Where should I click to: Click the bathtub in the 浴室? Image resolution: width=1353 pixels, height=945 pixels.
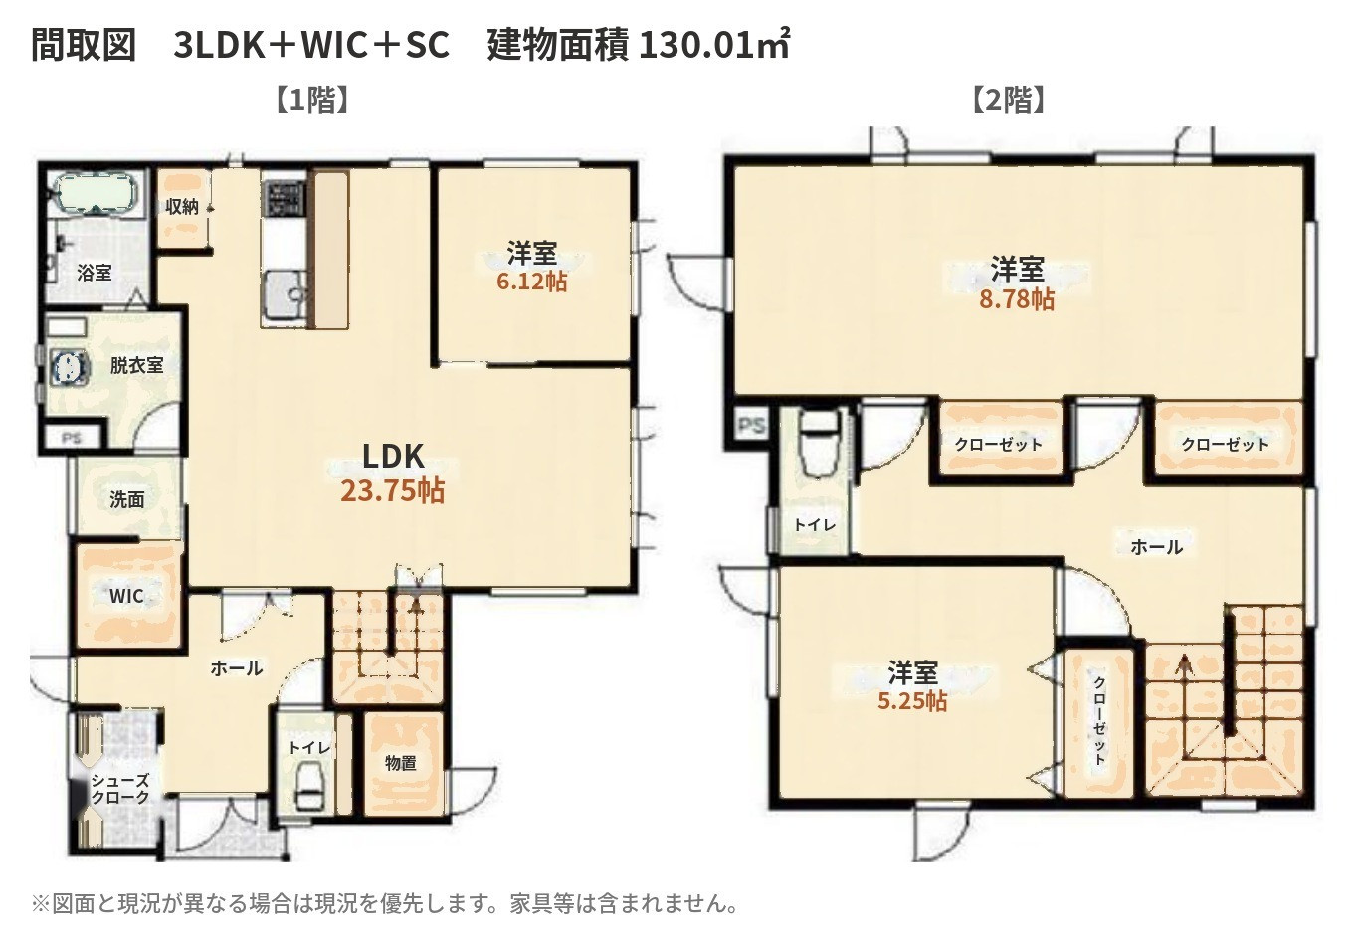coord(96,193)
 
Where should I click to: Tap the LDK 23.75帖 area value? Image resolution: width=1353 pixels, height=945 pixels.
coord(393,491)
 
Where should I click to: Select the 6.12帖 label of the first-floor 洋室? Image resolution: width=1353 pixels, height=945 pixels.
coord(531,282)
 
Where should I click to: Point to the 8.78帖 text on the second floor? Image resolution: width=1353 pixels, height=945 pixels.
coord(1017,298)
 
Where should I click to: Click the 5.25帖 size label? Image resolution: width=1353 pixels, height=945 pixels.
coord(912,701)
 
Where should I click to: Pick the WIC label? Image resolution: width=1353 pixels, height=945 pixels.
coord(126,596)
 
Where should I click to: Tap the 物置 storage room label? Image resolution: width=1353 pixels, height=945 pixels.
coord(401,763)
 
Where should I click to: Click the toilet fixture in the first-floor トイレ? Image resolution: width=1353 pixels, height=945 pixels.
coord(309,785)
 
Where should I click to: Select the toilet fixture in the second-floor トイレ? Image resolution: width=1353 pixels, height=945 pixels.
coord(820,444)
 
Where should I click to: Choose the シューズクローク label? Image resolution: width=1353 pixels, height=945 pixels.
coord(119,789)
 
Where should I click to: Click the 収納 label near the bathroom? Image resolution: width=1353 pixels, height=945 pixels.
coord(181,207)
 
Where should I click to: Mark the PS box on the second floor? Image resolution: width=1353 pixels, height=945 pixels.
coord(751,425)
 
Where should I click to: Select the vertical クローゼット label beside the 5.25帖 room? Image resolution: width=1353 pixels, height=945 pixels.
coord(1099,721)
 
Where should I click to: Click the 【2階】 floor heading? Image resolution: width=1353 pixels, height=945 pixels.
coord(1008,99)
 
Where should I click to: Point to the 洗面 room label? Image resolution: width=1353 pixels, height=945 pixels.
coord(127,499)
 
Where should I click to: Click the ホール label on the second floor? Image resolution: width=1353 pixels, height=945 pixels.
coord(1156,547)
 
